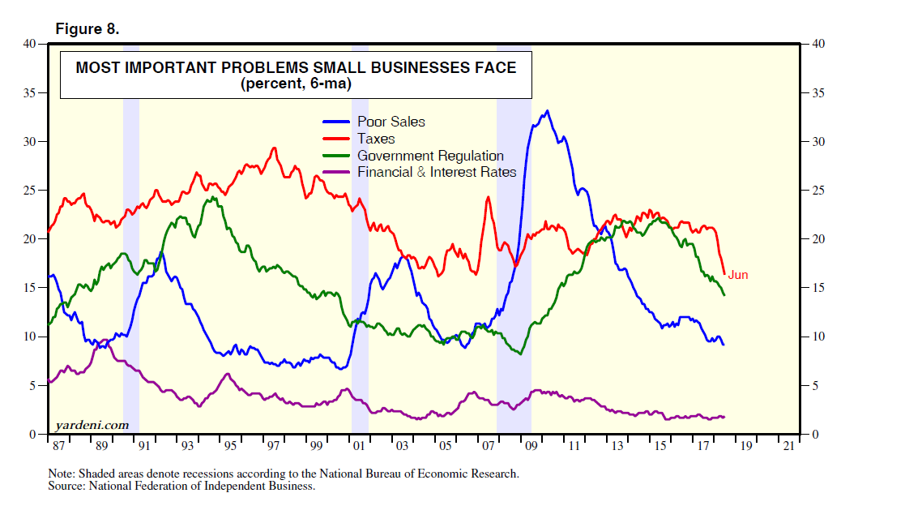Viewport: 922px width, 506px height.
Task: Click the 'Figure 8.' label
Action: [87, 29]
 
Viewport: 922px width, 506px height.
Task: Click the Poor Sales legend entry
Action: [391, 122]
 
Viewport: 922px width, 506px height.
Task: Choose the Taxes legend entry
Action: [376, 139]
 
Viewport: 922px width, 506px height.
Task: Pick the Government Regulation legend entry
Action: [429, 156]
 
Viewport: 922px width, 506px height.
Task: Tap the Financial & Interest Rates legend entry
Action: [436, 172]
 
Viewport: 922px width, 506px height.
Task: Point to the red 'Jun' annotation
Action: [737, 275]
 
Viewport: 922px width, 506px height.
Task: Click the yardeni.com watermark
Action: [92, 424]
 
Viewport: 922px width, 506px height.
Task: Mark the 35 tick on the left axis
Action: [32, 93]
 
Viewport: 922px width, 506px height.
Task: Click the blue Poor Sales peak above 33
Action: [548, 111]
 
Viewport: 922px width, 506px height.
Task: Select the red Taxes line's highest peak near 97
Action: [274, 148]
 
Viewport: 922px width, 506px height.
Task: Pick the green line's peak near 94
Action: [212, 197]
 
